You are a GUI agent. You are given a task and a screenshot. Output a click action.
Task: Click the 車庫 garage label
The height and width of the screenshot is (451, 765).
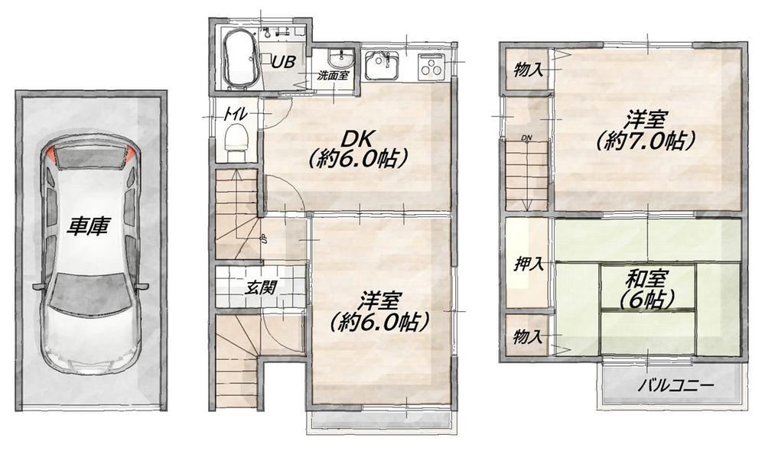click(x=88, y=226)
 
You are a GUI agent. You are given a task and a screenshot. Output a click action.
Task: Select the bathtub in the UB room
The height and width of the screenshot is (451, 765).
click(x=239, y=59)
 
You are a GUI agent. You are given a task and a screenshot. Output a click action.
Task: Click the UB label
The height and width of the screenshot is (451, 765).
click(x=283, y=62)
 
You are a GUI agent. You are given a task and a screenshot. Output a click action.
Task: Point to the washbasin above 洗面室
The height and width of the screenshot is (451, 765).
click(x=341, y=60)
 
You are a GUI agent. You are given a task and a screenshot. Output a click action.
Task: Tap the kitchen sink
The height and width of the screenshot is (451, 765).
click(x=382, y=65)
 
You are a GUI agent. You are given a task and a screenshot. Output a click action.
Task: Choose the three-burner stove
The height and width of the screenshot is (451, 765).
click(x=431, y=66)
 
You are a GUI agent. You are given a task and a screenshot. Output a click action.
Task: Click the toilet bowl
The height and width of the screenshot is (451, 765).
click(x=236, y=138)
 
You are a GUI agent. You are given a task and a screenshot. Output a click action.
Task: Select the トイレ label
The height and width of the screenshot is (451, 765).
click(x=236, y=115)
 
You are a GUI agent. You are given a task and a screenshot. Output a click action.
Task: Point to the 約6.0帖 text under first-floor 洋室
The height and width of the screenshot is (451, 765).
click(x=379, y=322)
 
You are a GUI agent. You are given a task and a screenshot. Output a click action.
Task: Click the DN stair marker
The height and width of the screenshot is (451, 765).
click(x=526, y=138)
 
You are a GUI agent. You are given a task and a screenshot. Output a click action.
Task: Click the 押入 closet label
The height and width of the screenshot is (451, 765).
click(x=529, y=264)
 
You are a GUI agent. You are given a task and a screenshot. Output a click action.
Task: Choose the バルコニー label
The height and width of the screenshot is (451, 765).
click(x=676, y=386)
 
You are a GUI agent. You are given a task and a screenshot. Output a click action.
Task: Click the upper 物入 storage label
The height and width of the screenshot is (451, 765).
click(x=529, y=70)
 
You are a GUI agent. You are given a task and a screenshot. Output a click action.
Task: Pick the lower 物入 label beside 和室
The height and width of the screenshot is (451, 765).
click(x=529, y=336)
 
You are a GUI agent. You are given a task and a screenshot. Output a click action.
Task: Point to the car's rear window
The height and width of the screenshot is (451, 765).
click(x=89, y=157)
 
